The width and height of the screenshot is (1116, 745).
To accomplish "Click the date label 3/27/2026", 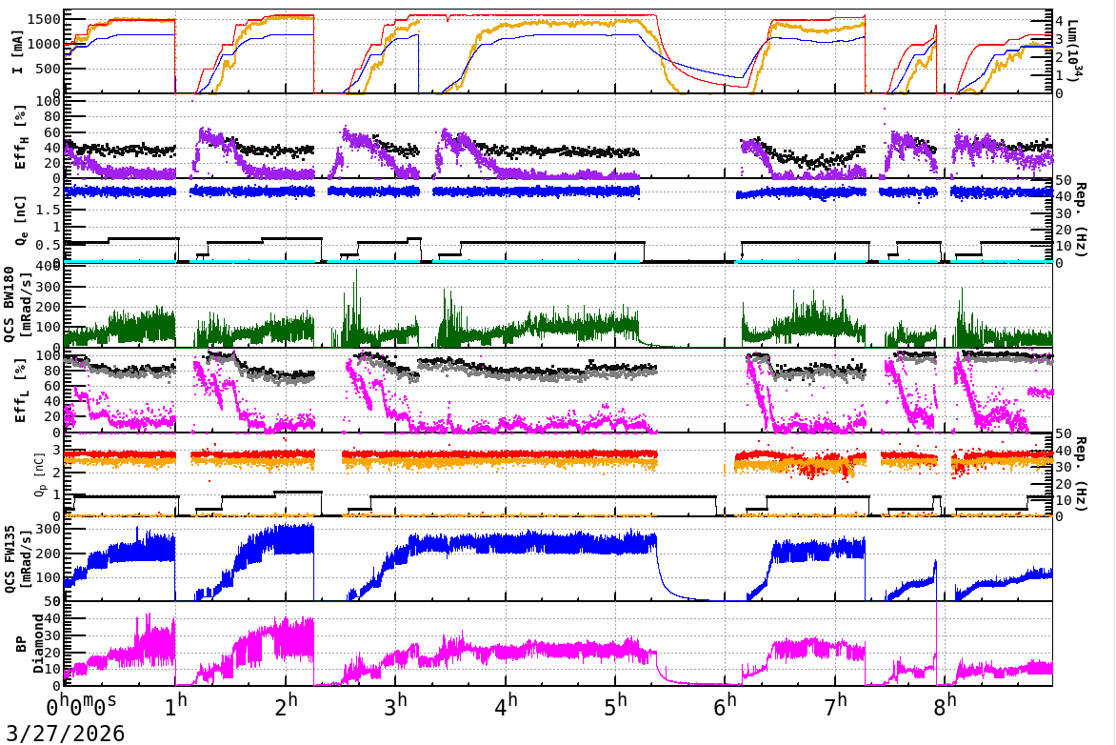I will point(63,734).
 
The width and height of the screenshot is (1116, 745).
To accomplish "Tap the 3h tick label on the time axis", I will point(400,708).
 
